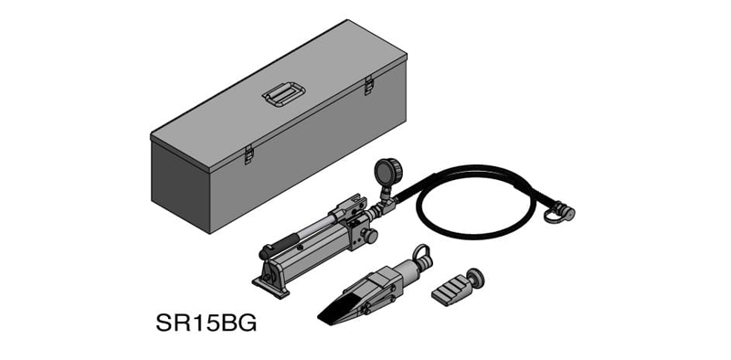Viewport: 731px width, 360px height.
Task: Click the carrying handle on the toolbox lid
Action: coord(283,94)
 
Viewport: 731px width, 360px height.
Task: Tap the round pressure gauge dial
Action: coord(387,172)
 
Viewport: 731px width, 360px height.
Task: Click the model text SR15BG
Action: coord(207,323)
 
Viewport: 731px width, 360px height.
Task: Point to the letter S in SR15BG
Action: coord(164,323)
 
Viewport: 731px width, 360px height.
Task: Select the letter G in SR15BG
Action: coord(248,323)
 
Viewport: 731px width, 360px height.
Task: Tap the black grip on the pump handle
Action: coord(280,246)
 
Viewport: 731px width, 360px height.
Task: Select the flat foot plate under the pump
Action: coord(270,286)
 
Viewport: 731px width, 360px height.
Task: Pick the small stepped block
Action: coord(450,291)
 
